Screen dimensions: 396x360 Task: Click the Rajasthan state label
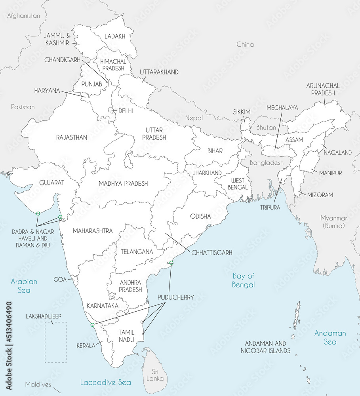[72, 137]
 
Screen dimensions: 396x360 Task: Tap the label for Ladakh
[115, 36]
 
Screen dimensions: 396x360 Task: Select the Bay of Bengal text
[243, 280]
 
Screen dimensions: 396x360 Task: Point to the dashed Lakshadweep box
[55, 342]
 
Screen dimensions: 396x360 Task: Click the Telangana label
[137, 251]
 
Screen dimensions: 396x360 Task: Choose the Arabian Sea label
[24, 286]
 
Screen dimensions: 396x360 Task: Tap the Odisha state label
[200, 216]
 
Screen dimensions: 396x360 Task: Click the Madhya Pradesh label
[123, 183]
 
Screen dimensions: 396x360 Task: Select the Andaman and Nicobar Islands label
[265, 347]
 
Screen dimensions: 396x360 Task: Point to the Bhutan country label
[266, 128]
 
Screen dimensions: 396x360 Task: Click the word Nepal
[194, 118]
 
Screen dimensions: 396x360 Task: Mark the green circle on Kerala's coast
[92, 325]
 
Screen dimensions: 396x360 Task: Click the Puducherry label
[175, 297]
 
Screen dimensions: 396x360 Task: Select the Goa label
[60, 279]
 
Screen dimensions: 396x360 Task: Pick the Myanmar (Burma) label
[333, 222]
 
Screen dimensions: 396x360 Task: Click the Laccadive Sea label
[105, 382]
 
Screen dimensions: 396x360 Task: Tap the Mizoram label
[320, 195]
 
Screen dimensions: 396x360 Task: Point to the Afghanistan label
[24, 16]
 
